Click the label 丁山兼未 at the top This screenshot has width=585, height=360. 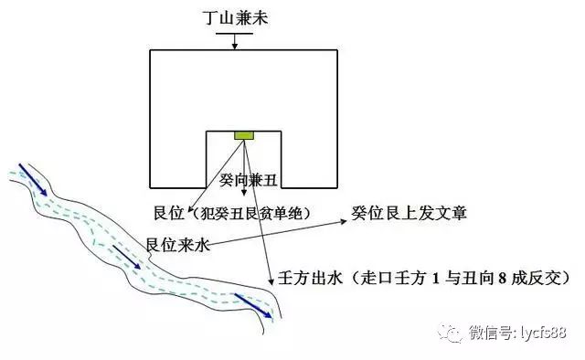(x=236, y=17)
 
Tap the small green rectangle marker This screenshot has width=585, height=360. (x=244, y=135)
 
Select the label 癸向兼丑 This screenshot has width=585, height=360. (x=248, y=180)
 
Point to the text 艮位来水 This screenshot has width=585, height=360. (x=177, y=245)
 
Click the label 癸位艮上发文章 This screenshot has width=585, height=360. (x=409, y=213)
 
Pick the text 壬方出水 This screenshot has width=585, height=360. (x=310, y=278)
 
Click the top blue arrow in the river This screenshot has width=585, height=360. (x=33, y=179)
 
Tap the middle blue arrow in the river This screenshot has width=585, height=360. (x=126, y=257)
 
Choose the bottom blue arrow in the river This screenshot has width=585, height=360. (x=253, y=305)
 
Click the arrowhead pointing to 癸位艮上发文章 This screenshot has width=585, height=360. (x=344, y=222)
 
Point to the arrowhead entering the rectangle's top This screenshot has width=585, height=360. (x=234, y=46)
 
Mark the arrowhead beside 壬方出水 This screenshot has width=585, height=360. (x=271, y=281)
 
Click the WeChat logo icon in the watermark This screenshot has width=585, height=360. (x=450, y=332)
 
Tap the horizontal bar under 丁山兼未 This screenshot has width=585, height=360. (x=234, y=34)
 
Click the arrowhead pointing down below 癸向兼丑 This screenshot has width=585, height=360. (x=244, y=193)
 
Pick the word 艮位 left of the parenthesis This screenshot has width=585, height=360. (x=169, y=213)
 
